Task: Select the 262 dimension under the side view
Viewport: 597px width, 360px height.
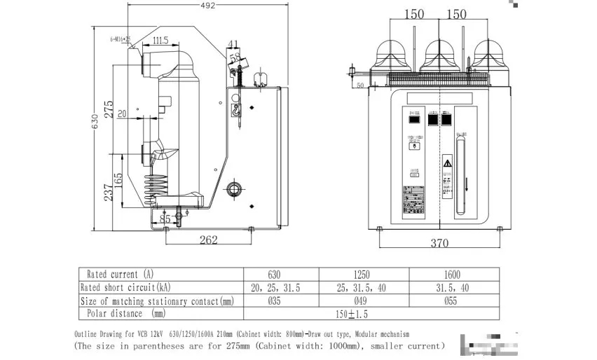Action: tap(209, 240)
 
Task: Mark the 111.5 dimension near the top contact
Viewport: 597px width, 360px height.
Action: tap(160, 41)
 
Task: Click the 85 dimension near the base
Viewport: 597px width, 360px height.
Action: tap(165, 219)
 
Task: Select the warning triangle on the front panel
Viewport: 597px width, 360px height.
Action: tap(447, 162)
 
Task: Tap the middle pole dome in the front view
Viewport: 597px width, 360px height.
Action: tap(438, 50)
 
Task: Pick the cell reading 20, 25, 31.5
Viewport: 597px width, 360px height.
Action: tap(280, 288)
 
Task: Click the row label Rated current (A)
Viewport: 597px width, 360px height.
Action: tap(119, 274)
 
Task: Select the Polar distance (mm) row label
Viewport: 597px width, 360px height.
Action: tap(126, 314)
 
